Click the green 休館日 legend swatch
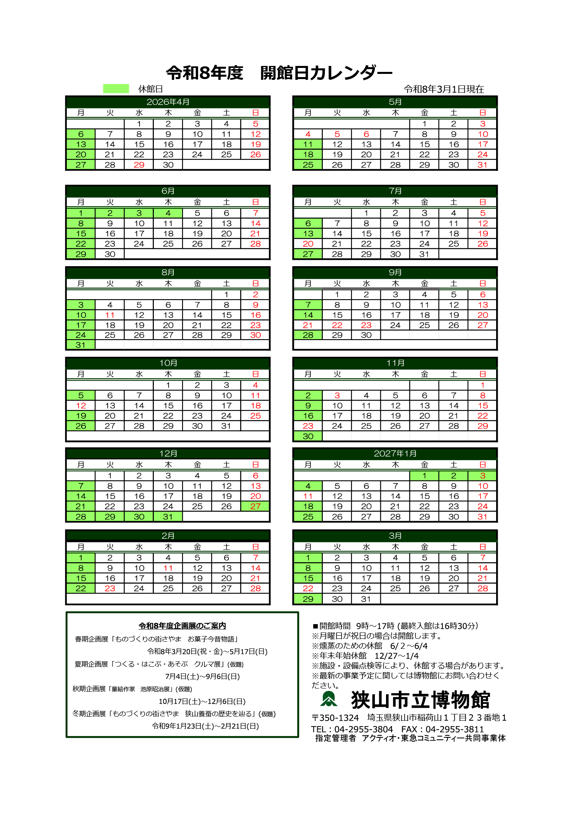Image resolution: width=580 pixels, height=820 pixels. click(116, 89)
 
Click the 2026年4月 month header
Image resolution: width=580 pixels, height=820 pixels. click(168, 102)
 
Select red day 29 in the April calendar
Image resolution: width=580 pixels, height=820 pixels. click(139, 165)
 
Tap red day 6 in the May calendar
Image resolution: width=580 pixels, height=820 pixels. click(366, 134)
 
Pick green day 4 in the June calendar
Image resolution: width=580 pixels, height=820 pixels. click(168, 213)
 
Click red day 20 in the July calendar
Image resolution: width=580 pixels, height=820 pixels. click(308, 244)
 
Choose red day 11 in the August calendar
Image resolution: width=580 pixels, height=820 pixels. click(110, 315)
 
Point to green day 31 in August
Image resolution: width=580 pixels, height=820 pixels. click(81, 345)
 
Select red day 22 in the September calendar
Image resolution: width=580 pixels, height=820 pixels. click(337, 325)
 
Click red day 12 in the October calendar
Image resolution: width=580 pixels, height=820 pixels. click(81, 406)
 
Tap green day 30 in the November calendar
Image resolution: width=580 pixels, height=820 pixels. click(308, 436)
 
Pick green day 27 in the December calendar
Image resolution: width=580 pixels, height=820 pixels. click(255, 506)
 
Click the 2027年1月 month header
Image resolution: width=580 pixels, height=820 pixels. click(395, 453)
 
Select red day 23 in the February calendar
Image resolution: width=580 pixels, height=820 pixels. click(110, 588)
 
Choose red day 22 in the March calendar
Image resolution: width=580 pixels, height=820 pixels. click(308, 588)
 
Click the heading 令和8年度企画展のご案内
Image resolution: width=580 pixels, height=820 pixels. click(182, 626)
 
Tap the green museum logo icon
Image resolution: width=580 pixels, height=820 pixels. click(329, 699)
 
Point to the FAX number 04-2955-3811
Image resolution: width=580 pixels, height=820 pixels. click(454, 729)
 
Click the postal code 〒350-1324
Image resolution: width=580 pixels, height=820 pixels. click(335, 718)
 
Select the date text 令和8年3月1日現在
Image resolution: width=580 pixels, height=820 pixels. click(444, 89)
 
